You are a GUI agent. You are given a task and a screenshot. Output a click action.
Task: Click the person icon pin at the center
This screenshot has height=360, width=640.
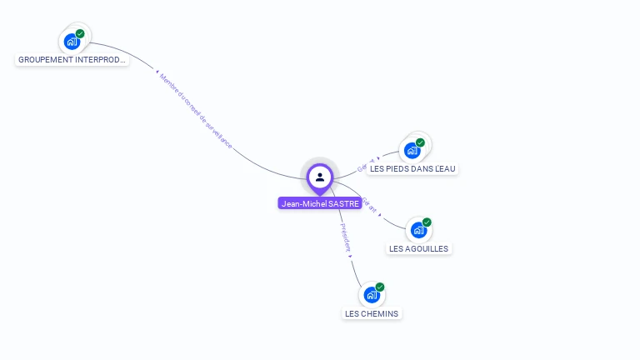click(320, 177)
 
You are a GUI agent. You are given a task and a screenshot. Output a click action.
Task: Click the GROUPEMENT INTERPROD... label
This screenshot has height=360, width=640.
click(72, 60)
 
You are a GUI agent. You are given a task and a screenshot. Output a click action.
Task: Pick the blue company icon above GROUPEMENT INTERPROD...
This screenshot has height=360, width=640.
click(72, 41)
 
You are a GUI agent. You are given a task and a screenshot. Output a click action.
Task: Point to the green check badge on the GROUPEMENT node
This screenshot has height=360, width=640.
click(80, 34)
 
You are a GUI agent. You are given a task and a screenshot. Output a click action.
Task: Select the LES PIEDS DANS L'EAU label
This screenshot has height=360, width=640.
click(412, 168)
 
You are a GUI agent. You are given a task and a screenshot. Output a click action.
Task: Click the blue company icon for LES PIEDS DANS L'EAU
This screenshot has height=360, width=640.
click(412, 150)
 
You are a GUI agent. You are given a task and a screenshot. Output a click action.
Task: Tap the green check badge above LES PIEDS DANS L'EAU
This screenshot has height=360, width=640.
click(420, 142)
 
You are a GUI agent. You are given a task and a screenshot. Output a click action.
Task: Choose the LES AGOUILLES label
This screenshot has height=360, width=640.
click(418, 248)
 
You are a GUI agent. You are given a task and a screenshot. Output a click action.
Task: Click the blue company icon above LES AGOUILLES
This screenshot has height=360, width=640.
click(417, 229)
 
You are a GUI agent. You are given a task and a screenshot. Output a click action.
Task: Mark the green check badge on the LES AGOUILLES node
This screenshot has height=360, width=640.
click(427, 222)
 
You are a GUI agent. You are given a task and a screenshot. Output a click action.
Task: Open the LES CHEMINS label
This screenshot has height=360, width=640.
click(372, 313)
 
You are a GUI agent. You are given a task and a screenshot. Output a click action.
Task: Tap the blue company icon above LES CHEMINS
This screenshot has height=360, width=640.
click(371, 294)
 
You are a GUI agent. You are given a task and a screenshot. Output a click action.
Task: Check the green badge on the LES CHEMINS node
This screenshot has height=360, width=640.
click(380, 287)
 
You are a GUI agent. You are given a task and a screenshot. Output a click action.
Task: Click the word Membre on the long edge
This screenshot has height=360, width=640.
click(169, 84)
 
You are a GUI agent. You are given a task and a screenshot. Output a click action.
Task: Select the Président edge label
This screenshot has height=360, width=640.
click(345, 237)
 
